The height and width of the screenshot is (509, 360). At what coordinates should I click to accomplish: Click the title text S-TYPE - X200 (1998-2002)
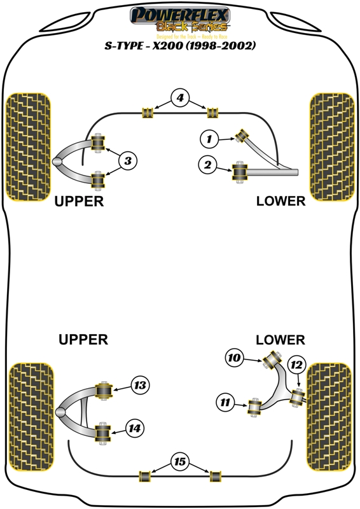[180, 46]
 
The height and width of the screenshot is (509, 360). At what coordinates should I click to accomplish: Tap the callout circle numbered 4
[180, 98]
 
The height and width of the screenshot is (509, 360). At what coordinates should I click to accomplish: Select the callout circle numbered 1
[209, 137]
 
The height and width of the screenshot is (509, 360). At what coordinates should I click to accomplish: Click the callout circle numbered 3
[128, 162]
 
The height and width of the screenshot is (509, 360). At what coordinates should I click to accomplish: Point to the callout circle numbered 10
[235, 358]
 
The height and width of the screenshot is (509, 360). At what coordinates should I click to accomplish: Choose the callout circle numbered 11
[225, 402]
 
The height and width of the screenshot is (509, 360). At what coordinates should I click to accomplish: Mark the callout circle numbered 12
[296, 365]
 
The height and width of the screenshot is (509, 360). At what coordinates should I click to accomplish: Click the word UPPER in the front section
[79, 201]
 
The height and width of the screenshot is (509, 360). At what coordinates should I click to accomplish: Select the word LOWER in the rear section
[280, 340]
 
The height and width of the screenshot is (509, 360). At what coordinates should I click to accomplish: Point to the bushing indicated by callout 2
[240, 171]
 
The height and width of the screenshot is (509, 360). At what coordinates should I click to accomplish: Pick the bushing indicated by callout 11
[256, 405]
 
